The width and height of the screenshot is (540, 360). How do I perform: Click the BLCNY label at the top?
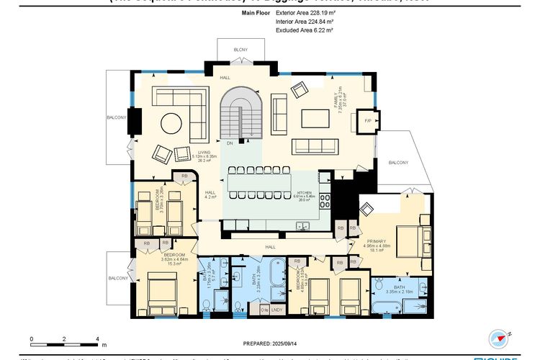[240, 50]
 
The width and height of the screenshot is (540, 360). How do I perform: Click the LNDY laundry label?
[276, 310]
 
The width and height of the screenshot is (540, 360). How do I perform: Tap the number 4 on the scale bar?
[96, 338]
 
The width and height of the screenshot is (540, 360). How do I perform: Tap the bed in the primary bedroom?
[408, 240]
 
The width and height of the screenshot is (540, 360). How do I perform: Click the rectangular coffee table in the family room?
[315, 117]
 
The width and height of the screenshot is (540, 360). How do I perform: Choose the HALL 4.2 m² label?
[210, 195]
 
